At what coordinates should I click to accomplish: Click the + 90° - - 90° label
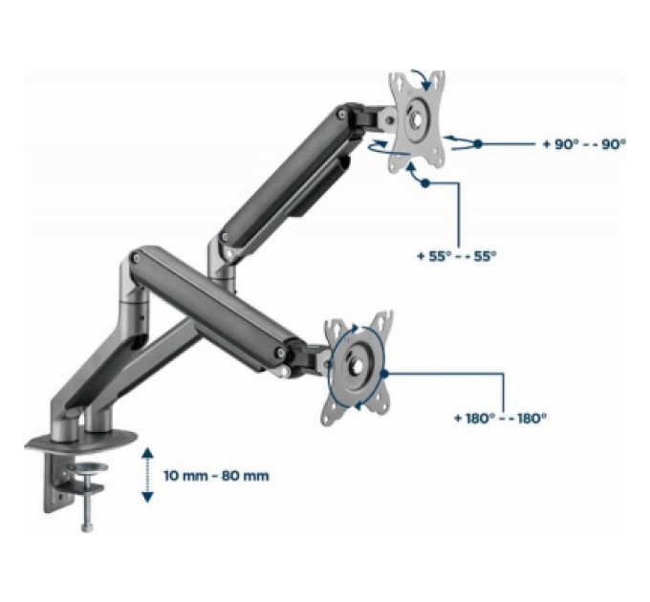[x=584, y=144]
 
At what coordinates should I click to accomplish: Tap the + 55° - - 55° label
[x=456, y=256]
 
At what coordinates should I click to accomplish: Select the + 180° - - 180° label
[x=500, y=418]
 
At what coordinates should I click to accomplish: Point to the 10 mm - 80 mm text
[x=216, y=475]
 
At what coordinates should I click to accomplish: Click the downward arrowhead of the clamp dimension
[x=147, y=497]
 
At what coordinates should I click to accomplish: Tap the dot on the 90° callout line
[x=478, y=143]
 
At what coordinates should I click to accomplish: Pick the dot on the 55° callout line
[x=425, y=183]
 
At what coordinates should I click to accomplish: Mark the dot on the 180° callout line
[x=383, y=374]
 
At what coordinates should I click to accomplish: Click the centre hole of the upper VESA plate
[x=417, y=118]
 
